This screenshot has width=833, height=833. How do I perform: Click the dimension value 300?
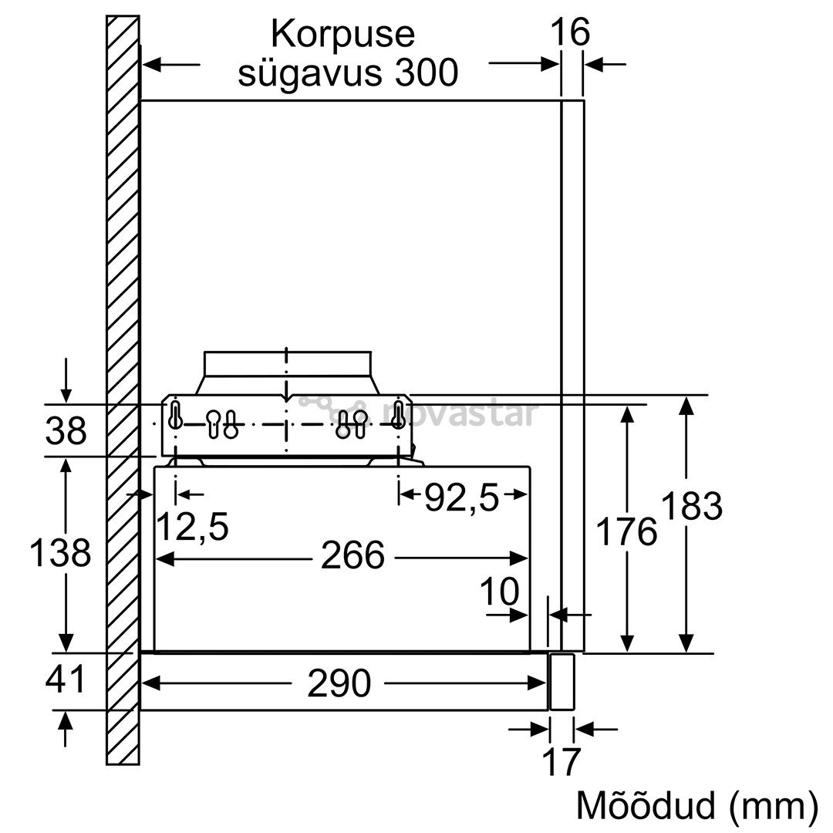tap(427, 73)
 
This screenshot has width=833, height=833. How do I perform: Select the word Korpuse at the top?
tap(342, 34)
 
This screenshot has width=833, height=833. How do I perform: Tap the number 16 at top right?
tap(570, 32)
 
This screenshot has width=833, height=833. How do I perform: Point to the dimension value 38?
tap(66, 430)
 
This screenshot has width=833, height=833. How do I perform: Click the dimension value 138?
tap(60, 552)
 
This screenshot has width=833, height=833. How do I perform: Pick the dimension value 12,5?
tap(193, 527)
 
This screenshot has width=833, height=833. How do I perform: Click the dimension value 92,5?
tap(463, 498)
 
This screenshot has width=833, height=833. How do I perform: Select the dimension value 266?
tap(352, 555)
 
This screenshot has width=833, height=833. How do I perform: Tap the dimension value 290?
tap(339, 683)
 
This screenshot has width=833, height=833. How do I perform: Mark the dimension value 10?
tap(499, 592)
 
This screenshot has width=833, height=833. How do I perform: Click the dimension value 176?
tap(627, 531)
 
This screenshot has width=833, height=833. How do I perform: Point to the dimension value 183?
tap(692, 505)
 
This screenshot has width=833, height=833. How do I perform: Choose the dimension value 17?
tap(561, 762)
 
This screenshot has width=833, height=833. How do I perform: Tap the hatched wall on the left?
tap(123, 390)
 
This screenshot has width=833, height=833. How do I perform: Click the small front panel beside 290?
tap(562, 682)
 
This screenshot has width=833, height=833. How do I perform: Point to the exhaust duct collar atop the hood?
tap(288, 373)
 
